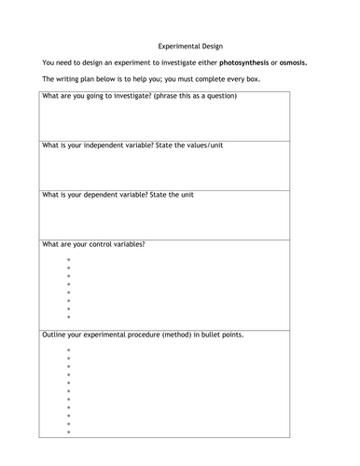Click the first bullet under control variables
pyautogui.click(x=69, y=259)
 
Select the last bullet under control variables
pyautogui.click(x=69, y=316)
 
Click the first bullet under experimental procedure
pyautogui.click(x=69, y=349)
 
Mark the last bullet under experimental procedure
pyautogui.click(x=69, y=432)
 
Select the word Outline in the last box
pyautogui.click(x=55, y=333)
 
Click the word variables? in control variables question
pyautogui.click(x=129, y=244)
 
